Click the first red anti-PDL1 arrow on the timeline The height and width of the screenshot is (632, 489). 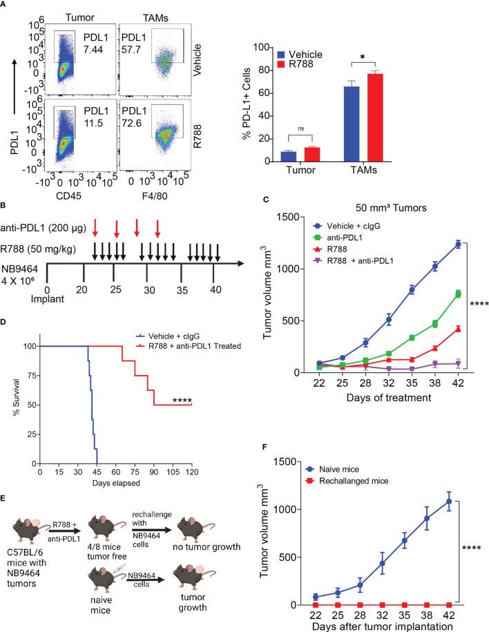pyautogui.click(x=95, y=225)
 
